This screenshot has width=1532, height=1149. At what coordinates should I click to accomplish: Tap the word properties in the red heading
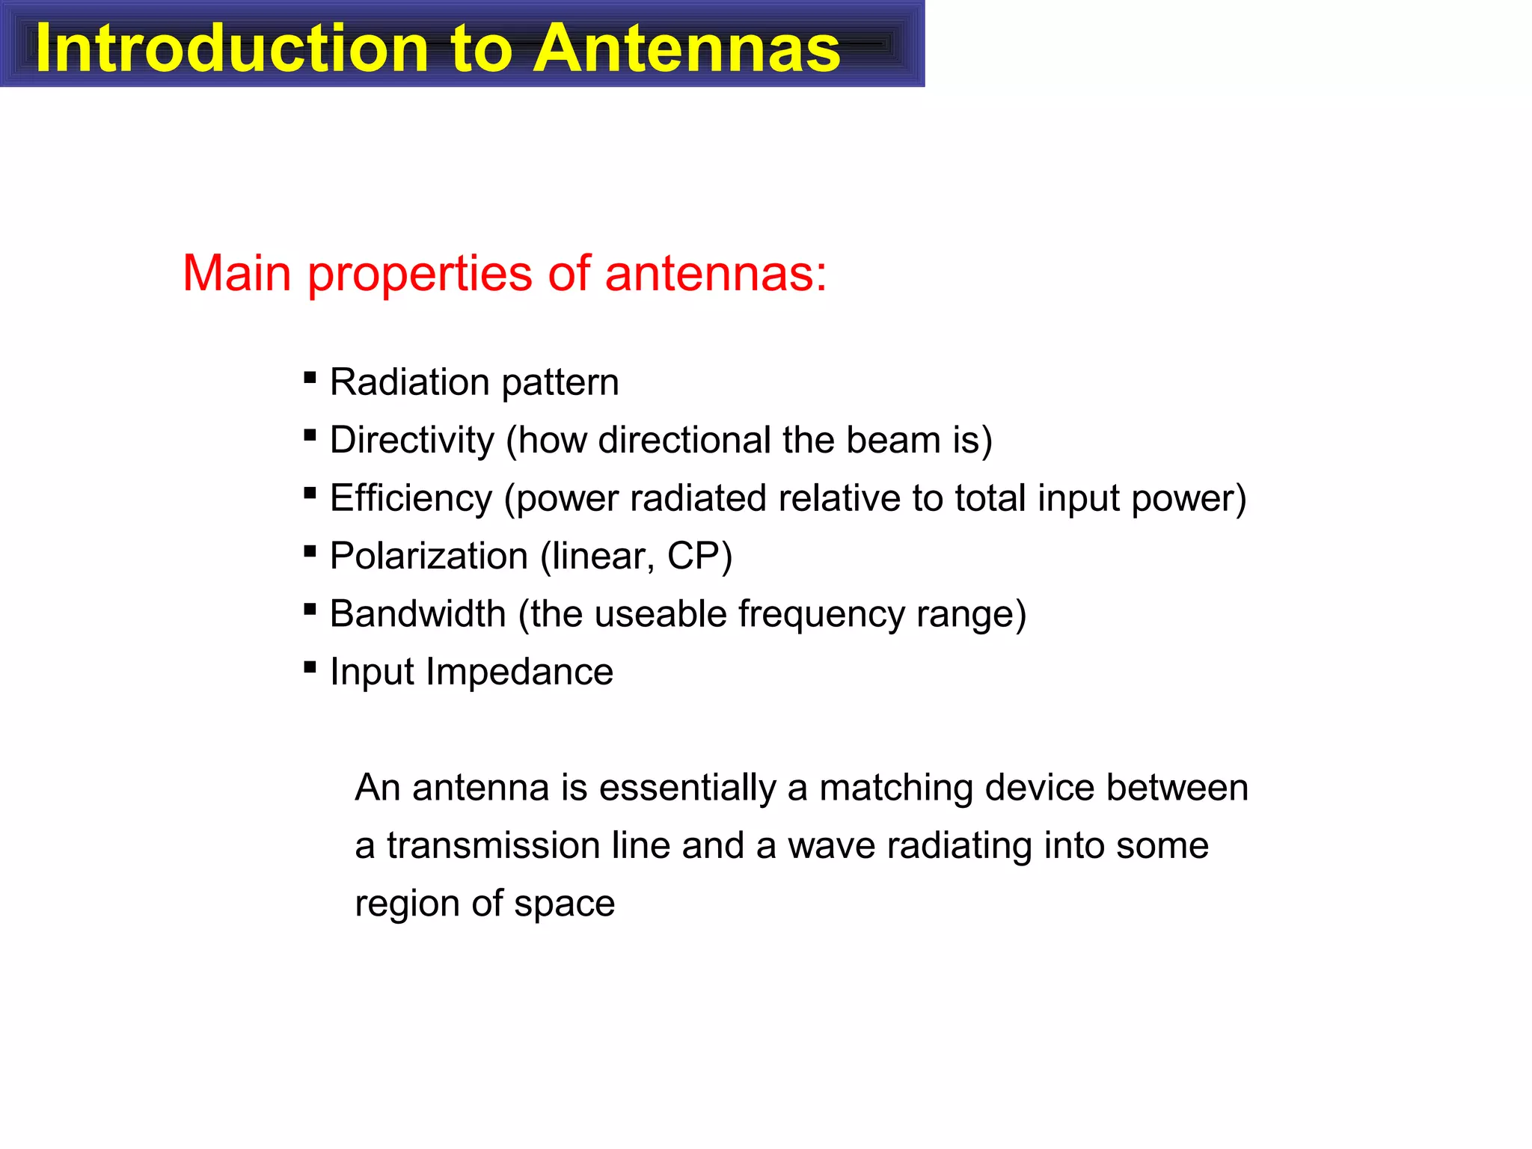tap(420, 274)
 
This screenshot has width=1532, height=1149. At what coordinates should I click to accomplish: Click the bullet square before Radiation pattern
tap(310, 378)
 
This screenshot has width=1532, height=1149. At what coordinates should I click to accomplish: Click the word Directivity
tap(411, 440)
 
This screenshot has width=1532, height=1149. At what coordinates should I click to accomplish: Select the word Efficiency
tap(411, 498)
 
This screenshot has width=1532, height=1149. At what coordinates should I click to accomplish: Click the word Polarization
tap(429, 556)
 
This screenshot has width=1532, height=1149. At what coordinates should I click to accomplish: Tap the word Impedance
tap(519, 672)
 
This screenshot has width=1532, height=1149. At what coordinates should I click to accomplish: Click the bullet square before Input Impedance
tap(310, 667)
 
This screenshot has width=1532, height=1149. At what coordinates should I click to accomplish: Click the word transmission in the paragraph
tap(493, 845)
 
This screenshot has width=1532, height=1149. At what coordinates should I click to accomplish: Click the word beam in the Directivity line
tap(893, 440)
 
